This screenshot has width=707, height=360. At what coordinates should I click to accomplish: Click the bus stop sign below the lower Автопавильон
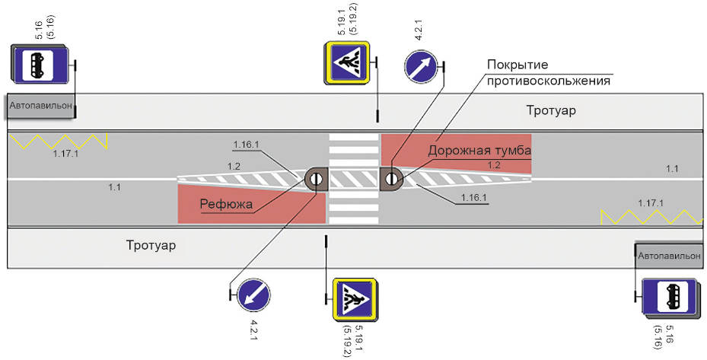(x=671, y=297)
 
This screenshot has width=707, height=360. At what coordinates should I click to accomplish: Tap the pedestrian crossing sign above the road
(x=347, y=62)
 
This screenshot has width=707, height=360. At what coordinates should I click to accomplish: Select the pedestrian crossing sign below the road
(x=355, y=299)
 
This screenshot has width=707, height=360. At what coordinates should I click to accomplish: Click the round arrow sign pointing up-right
(x=420, y=67)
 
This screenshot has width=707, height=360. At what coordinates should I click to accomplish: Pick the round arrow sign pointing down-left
(x=254, y=295)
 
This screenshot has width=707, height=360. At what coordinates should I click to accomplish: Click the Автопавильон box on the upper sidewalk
(x=40, y=107)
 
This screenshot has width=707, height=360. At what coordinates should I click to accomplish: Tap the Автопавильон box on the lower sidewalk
(x=669, y=256)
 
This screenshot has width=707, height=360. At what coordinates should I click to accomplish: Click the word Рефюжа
(x=226, y=205)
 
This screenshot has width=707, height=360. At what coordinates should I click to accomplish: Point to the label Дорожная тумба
(x=479, y=150)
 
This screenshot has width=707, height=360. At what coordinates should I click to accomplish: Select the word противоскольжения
(x=549, y=81)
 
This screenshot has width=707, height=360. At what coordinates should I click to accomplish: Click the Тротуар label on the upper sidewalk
(x=550, y=110)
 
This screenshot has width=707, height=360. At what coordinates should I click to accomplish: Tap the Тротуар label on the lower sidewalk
(x=151, y=245)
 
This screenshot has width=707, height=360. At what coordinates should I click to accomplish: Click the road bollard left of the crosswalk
(x=316, y=179)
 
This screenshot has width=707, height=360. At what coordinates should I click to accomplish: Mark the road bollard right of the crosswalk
(x=390, y=179)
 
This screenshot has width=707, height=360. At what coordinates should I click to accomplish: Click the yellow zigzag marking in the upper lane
(x=59, y=142)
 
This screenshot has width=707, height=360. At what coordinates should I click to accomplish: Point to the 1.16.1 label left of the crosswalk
(x=246, y=145)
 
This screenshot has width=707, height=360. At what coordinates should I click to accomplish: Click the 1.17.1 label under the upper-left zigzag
(x=66, y=154)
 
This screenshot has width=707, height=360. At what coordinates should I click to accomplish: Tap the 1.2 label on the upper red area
(x=494, y=165)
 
